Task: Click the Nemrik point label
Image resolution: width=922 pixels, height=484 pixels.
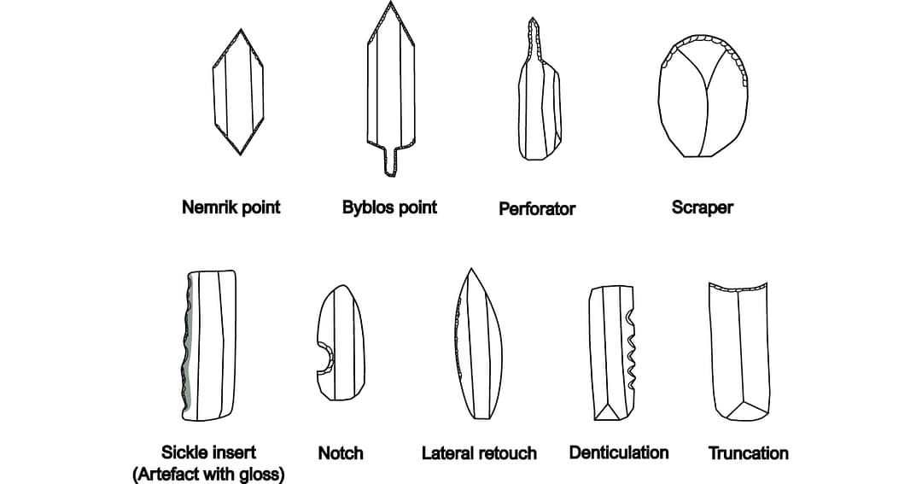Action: point(230,207)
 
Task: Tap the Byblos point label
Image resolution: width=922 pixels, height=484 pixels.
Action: point(389,207)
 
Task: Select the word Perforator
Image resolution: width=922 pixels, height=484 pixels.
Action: point(537,208)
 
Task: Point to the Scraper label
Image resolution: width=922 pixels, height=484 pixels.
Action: point(702,207)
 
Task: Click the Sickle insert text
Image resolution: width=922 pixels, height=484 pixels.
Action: point(208,452)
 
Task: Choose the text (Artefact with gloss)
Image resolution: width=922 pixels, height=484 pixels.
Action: point(208,474)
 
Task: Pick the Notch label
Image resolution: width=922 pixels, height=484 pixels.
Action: point(341,453)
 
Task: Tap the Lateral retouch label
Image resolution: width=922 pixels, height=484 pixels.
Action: point(479,453)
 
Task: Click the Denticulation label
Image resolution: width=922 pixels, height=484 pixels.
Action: point(619,452)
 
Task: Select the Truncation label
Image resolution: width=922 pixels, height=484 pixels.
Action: point(748,453)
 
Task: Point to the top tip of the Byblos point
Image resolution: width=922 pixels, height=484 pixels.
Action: point(391,3)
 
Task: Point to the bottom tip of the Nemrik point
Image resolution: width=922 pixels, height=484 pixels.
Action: point(240,154)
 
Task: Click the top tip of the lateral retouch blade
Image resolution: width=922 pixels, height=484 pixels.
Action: point(469,269)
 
